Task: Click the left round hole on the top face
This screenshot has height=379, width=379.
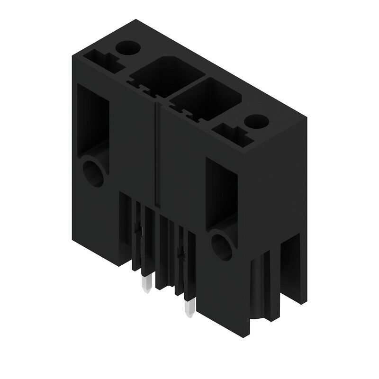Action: point(127,47)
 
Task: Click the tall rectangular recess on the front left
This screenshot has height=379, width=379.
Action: point(93,121)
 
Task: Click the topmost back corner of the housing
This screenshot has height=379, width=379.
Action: point(136,19)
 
